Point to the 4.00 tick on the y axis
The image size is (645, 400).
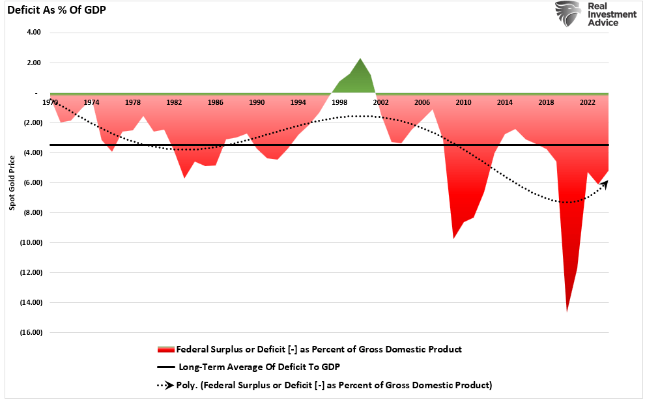pyautogui.click(x=33, y=33)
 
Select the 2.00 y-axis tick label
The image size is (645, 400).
pyautogui.click(x=33, y=63)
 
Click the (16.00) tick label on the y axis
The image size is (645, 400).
pyautogui.click(x=31, y=332)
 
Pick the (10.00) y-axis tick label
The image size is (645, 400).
pyautogui.click(x=31, y=242)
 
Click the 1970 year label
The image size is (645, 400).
pyautogui.click(x=50, y=102)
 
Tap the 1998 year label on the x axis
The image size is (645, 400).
pyautogui.click(x=339, y=102)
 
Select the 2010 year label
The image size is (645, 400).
pyautogui.click(x=463, y=102)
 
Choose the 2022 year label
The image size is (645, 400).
pyautogui.click(x=587, y=102)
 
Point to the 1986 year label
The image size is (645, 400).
pyautogui.click(x=216, y=102)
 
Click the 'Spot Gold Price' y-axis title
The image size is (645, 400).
pyautogui.click(x=12, y=182)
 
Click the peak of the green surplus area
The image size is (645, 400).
pyautogui.click(x=360, y=59)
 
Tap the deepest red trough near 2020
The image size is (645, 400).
pyautogui.click(x=567, y=311)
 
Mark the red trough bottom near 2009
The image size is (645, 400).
pyautogui.click(x=453, y=238)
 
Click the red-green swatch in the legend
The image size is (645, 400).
pyautogui.click(x=165, y=350)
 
